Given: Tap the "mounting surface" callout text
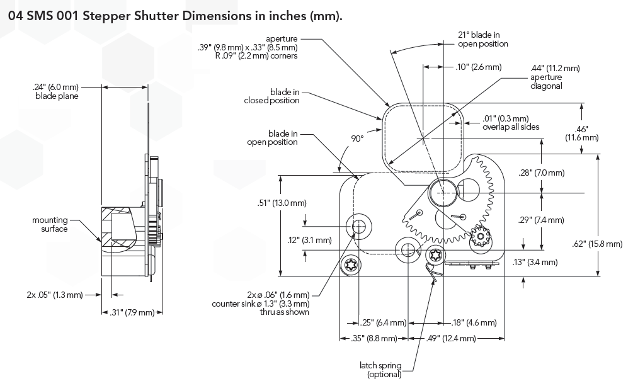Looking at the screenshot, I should click(x=50, y=224).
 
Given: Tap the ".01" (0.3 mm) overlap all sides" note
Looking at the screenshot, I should click(x=510, y=122).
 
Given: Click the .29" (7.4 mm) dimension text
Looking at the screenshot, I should click(x=541, y=220).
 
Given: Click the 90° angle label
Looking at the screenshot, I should click(x=357, y=139).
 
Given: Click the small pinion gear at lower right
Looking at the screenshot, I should click(x=481, y=237).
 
